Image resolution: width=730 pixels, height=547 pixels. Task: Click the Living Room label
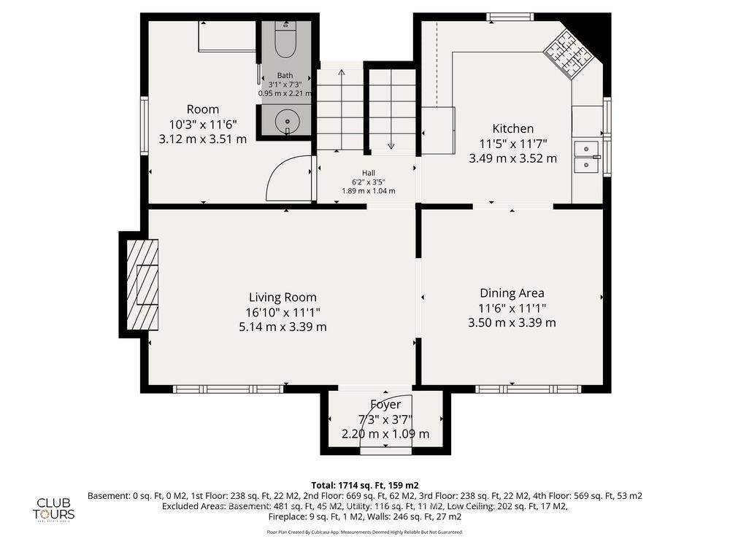(283, 297)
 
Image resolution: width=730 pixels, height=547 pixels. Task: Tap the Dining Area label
(512, 293)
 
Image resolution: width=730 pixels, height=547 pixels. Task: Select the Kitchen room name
(512, 128)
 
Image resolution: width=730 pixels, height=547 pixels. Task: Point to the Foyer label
(385, 404)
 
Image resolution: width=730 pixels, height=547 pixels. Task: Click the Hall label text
(369, 173)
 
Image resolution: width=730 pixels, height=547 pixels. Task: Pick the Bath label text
(285, 76)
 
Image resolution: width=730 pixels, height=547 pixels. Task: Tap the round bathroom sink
(286, 120)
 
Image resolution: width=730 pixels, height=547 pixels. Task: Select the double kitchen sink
(586, 157)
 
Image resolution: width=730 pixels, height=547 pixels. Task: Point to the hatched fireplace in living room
(142, 284)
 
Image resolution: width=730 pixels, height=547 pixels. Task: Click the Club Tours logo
(56, 508)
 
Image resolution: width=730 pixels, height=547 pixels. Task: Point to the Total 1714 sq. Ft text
(365, 485)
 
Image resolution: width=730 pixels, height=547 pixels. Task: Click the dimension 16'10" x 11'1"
(283, 312)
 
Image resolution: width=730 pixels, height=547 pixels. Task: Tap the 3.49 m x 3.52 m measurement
(512, 158)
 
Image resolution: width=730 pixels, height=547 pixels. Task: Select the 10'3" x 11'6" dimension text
(202, 125)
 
